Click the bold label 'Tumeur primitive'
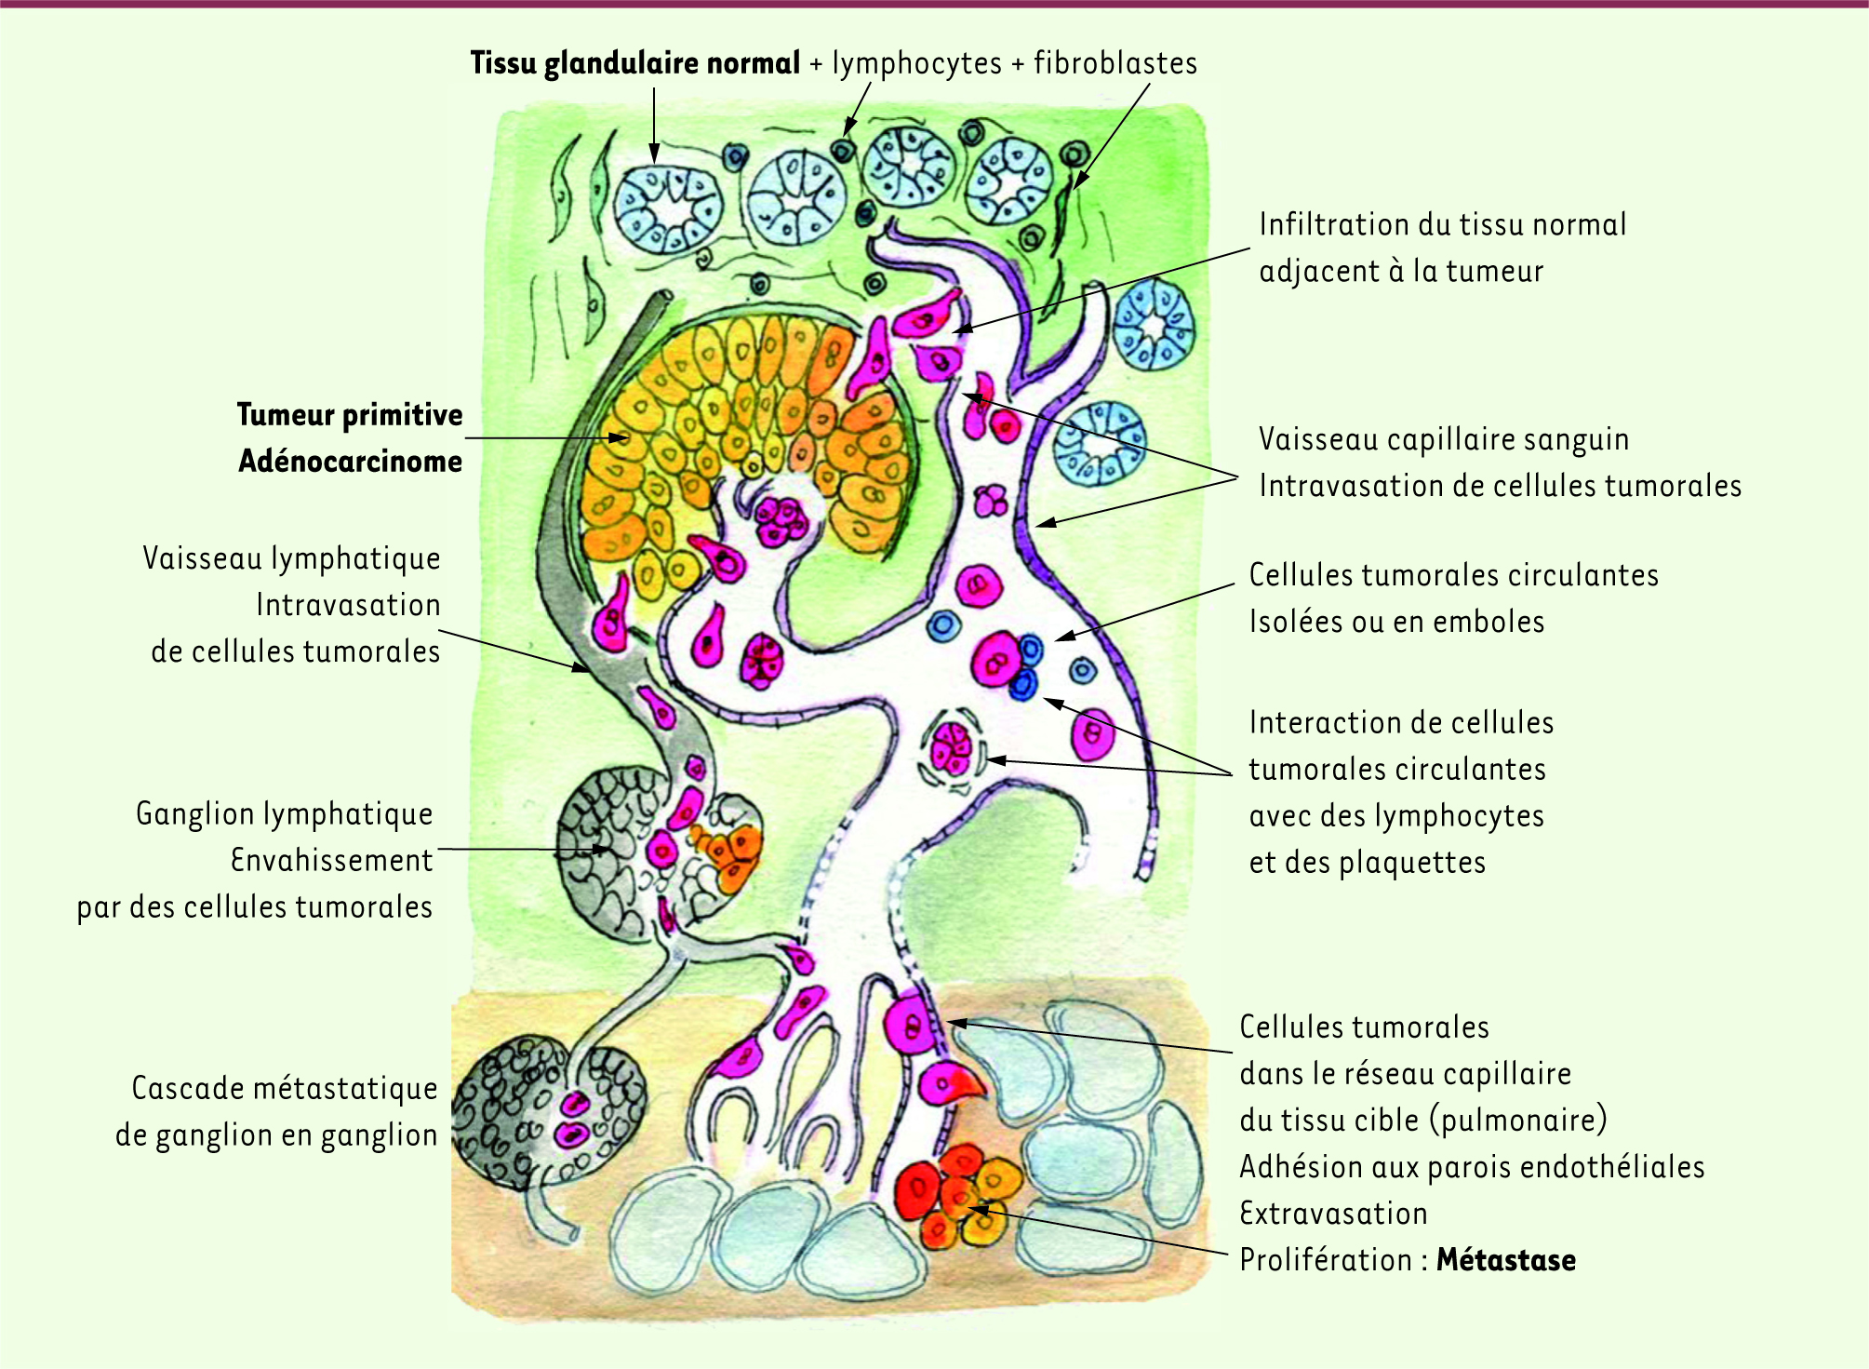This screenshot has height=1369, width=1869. pos(349,415)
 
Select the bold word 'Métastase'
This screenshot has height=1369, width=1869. pos(1505,1260)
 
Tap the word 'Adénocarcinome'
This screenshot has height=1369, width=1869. pos(350,462)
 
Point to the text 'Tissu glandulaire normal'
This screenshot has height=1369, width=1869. pos(634,63)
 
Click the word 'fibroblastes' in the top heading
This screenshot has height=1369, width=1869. pos(1115,63)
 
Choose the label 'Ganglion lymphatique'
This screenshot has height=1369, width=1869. pos(285,814)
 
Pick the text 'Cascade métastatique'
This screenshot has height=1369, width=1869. pos(285,1088)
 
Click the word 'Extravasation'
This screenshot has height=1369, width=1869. pos(1333,1214)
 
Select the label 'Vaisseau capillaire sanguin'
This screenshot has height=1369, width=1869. pos(1443,439)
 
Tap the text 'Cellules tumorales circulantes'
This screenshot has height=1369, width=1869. pos(1453,575)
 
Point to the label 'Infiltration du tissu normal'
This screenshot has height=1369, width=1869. pos(1442,224)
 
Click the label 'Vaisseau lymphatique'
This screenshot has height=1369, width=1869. pos(291,558)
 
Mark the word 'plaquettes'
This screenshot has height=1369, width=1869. pos(1412,863)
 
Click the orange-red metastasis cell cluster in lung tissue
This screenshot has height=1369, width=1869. pos(958,1196)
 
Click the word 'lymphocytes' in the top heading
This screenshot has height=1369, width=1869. pos(916,63)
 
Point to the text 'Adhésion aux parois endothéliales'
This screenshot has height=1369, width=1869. pos(1472,1167)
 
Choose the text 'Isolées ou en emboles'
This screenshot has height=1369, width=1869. pos(1396,622)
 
